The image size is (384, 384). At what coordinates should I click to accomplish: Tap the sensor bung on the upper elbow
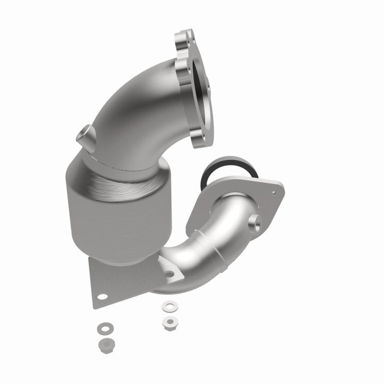[86, 136]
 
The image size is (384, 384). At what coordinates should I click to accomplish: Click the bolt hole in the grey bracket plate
[101, 296]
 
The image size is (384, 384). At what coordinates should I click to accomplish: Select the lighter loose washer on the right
[169, 307]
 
